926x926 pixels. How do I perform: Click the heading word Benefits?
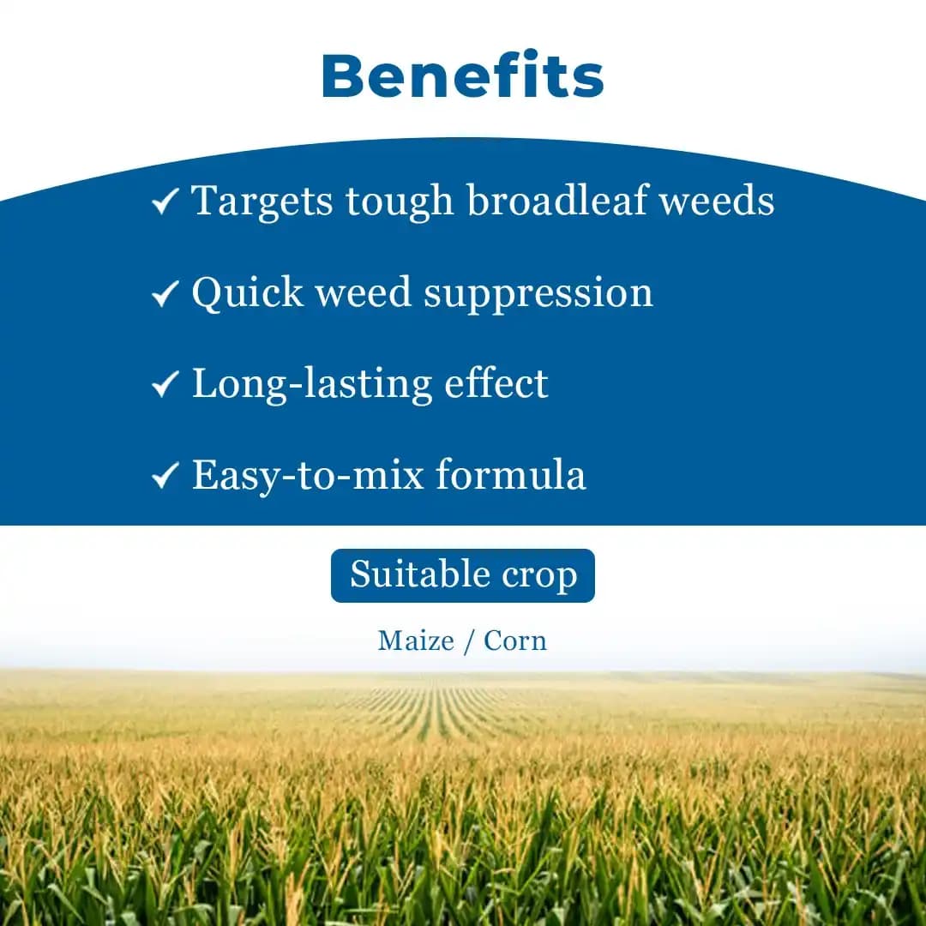(x=463, y=75)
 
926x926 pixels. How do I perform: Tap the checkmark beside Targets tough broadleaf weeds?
(x=164, y=202)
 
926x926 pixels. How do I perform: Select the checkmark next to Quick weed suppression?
(x=164, y=294)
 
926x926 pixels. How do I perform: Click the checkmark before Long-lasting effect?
(x=164, y=385)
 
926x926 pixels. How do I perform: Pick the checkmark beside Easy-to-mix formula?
(x=164, y=476)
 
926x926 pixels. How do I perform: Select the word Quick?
(x=247, y=293)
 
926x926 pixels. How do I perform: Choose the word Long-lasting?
(x=311, y=384)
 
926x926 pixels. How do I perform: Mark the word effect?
(x=496, y=382)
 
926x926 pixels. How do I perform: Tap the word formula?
(x=511, y=474)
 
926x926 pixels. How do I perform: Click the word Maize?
(x=416, y=640)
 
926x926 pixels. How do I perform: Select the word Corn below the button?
(x=515, y=640)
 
